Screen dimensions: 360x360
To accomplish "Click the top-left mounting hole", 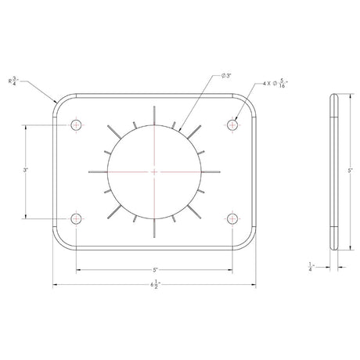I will click(x=76, y=125).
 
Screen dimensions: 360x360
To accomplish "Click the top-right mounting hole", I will click(x=232, y=125).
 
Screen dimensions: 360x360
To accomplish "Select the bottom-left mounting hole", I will click(x=76, y=218).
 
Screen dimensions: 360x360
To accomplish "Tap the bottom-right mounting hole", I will click(x=232, y=218).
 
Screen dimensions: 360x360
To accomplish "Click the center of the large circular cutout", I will click(x=154, y=171).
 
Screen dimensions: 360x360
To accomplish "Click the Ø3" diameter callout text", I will click(x=225, y=75).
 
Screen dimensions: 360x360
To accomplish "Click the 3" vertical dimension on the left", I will click(x=26, y=170).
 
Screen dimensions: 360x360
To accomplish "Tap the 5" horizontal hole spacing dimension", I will click(x=155, y=269).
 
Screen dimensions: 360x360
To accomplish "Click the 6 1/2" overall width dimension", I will click(x=155, y=284).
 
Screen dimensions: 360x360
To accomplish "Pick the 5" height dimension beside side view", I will click(x=350, y=170).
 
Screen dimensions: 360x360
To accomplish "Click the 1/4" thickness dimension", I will click(x=311, y=266).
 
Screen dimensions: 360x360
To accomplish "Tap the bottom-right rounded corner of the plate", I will click(x=250, y=240).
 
